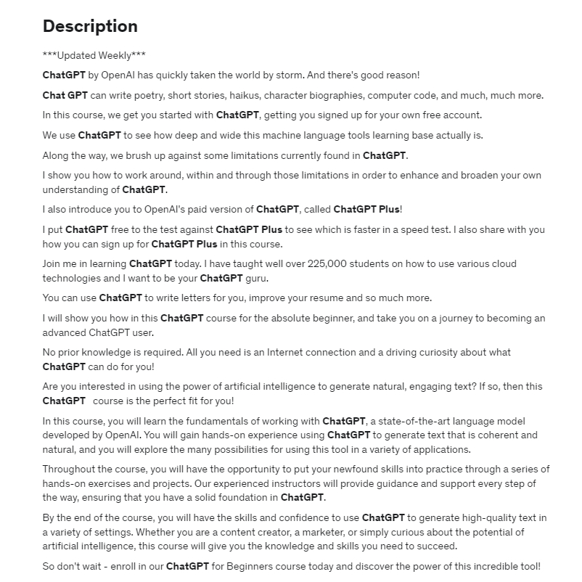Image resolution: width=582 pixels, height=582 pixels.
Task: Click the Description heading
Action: (90, 27)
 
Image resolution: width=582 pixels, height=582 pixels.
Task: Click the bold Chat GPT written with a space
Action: (65, 95)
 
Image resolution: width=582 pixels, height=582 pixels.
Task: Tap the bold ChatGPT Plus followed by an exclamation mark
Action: (366, 209)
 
